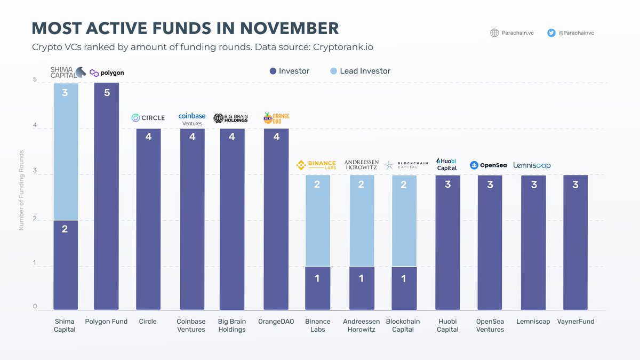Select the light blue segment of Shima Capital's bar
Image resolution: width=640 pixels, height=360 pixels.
pyautogui.click(x=66, y=152)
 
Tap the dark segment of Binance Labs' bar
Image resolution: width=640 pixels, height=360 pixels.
pyautogui.click(x=318, y=288)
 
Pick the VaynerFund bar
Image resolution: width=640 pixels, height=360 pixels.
pyautogui.click(x=575, y=243)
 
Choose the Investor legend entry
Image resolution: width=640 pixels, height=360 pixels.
pyautogui.click(x=289, y=71)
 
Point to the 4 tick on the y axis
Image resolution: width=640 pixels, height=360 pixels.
pyautogui.click(x=35, y=126)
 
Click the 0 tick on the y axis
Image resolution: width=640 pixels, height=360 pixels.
pyautogui.click(x=35, y=307)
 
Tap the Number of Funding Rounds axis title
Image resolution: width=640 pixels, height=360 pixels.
pyautogui.click(x=22, y=197)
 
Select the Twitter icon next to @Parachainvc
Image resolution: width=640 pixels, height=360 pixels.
pyautogui.click(x=551, y=33)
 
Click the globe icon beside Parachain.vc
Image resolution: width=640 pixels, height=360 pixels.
pyautogui.click(x=494, y=33)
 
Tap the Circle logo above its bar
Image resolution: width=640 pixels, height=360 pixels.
pyautogui.click(x=148, y=118)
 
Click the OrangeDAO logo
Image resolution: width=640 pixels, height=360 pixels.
pyautogui.click(x=276, y=118)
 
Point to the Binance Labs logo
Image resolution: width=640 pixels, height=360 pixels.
pyautogui.click(x=316, y=165)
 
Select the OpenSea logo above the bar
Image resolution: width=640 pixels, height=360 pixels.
pyautogui.click(x=488, y=165)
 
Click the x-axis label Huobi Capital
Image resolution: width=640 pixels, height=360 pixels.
pyautogui.click(x=447, y=325)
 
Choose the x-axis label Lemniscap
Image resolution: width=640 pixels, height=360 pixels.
pyautogui.click(x=533, y=322)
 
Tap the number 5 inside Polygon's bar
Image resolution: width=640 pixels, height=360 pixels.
pyautogui.click(x=107, y=93)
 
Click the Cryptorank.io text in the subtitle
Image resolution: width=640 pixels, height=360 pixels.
pyautogui.click(x=343, y=47)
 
